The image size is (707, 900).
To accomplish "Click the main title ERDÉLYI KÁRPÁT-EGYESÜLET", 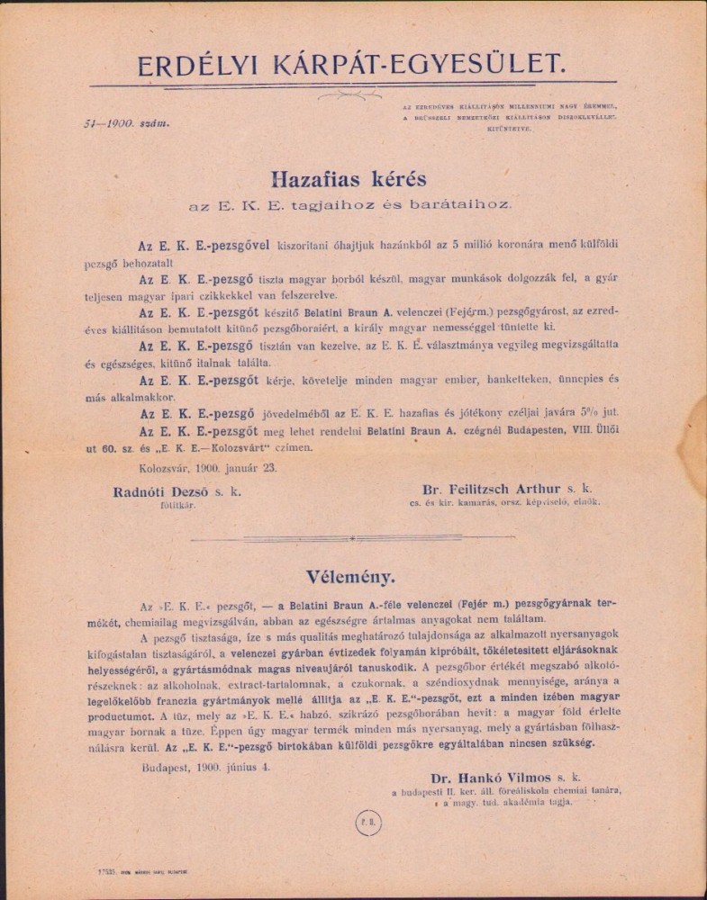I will (352, 64).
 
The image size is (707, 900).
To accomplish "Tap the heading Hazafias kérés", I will (352, 178).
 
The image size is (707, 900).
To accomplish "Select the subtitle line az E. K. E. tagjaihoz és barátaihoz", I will (352, 204).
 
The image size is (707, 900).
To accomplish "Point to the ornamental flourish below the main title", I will (352, 92).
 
